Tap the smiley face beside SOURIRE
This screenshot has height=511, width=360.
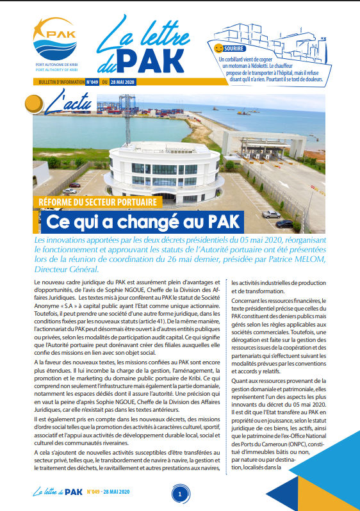218,48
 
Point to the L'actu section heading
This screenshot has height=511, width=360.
63,103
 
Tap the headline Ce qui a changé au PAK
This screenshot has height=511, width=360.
142,222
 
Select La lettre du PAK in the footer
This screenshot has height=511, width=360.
54,492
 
